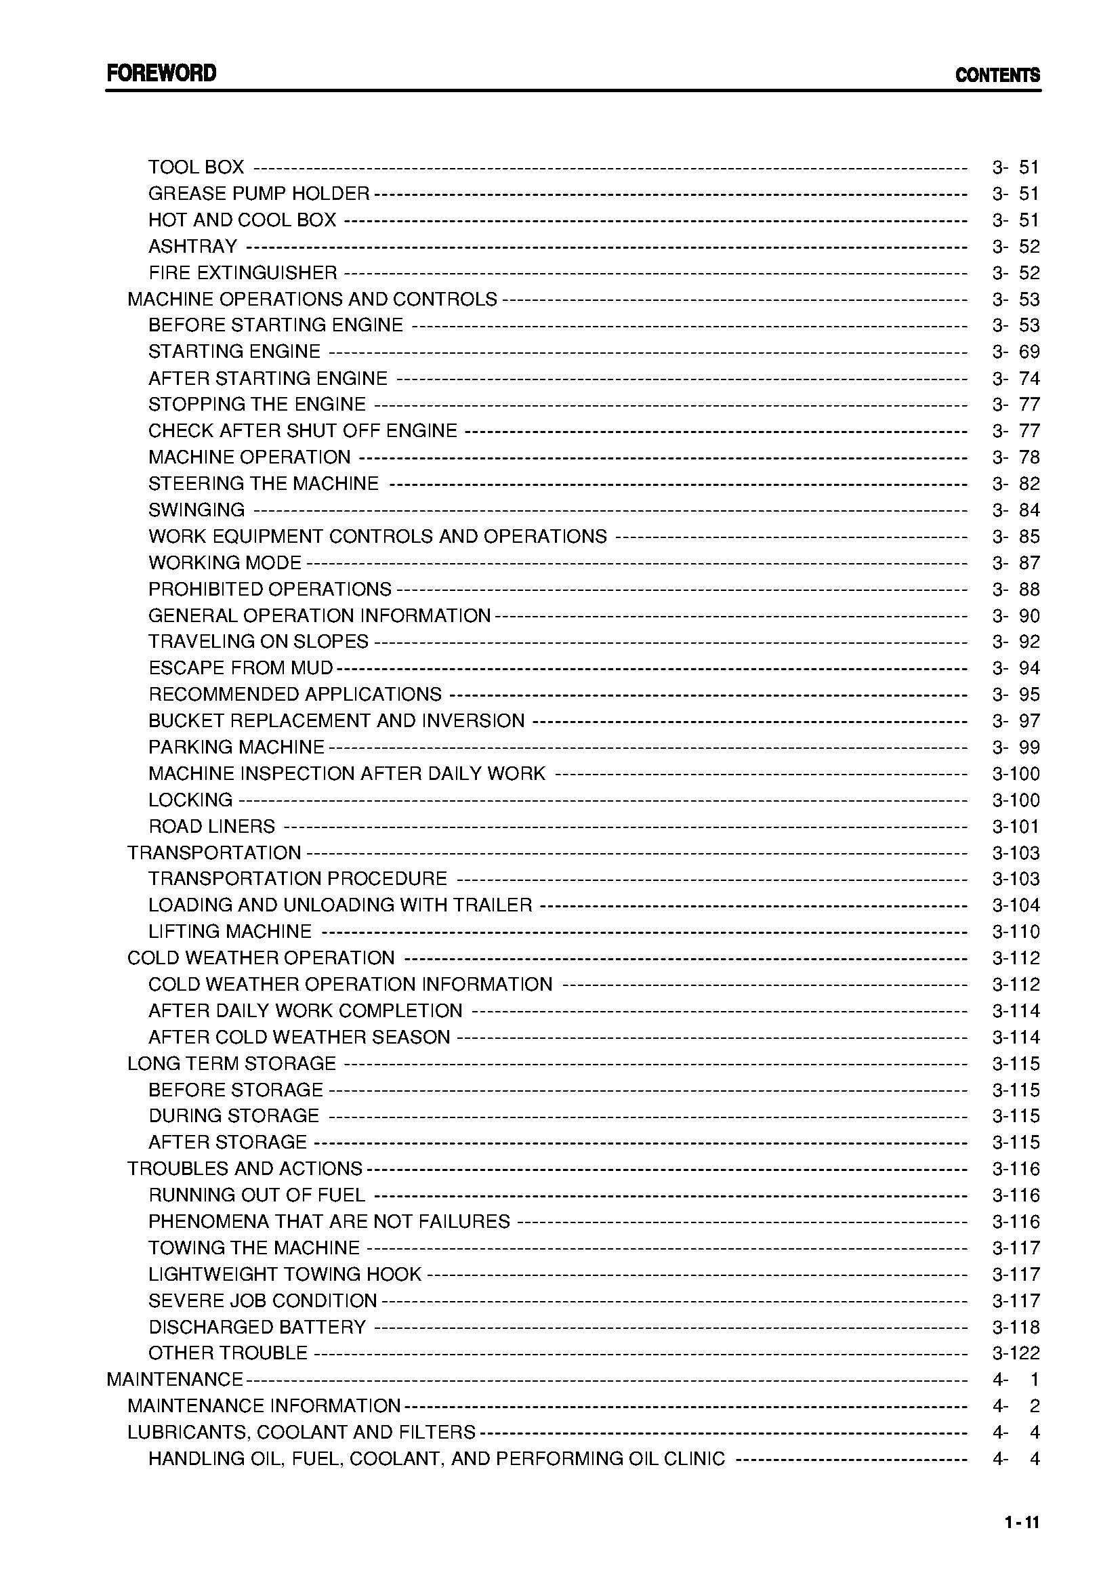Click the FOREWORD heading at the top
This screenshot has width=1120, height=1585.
pyautogui.click(x=161, y=73)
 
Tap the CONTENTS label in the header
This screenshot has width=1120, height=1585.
pyautogui.click(x=997, y=75)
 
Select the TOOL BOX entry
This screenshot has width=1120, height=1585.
pyautogui.click(x=196, y=167)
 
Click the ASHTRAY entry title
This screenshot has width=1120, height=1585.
pyautogui.click(x=192, y=247)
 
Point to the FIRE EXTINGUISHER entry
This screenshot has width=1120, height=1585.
pyautogui.click(x=242, y=272)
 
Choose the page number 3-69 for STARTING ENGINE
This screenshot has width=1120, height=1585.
pyautogui.click(x=1016, y=352)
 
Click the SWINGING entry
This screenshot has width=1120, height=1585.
pyautogui.click(x=196, y=510)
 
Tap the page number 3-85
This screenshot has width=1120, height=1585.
pyautogui.click(x=1016, y=537)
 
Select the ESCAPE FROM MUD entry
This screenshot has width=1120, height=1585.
pyautogui.click(x=240, y=668)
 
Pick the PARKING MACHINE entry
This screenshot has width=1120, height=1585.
pyautogui.click(x=236, y=747)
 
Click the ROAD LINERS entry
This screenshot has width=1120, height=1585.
pyautogui.click(x=211, y=826)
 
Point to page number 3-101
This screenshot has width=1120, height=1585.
pyautogui.click(x=1016, y=826)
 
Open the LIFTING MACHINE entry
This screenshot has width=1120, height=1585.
pyautogui.click(x=230, y=932)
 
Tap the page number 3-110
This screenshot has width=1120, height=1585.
pyautogui.click(x=1016, y=932)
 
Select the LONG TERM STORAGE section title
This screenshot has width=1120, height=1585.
pyautogui.click(x=231, y=1063)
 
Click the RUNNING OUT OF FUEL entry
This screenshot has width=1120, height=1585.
pyautogui.click(x=257, y=1195)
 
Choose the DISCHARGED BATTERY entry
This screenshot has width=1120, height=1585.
pyautogui.click(x=257, y=1327)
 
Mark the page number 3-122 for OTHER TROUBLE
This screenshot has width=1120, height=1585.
pyautogui.click(x=1016, y=1353)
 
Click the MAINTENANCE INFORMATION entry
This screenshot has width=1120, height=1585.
pyautogui.click(x=264, y=1405)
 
